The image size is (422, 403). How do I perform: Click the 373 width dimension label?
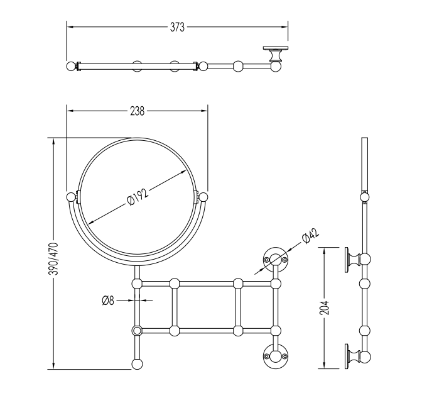pyautogui.click(x=177, y=27)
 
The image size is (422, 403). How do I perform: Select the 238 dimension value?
pyautogui.click(x=138, y=111)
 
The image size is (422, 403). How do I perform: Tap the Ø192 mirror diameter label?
pyautogui.click(x=138, y=197)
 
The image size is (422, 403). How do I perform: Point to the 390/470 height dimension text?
pyautogui.click(x=53, y=258)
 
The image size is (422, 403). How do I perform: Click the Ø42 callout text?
pyautogui.click(x=311, y=236)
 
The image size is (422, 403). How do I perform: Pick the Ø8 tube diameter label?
pyautogui.click(x=108, y=301)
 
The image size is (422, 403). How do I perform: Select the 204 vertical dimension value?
pyautogui.click(x=325, y=307)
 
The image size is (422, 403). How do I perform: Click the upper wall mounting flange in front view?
pyautogui.click(x=276, y=260)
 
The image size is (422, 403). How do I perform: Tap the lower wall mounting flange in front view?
pyautogui.click(x=276, y=356)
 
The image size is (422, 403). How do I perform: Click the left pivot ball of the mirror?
pyautogui.click(x=70, y=197)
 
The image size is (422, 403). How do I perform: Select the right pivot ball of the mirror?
pyautogui.click(x=203, y=197)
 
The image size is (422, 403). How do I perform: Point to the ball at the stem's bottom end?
pyautogui.click(x=138, y=364)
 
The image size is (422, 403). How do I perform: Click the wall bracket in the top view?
pyautogui.click(x=275, y=54)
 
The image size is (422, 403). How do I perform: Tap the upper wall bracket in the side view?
pyautogui.click(x=353, y=260)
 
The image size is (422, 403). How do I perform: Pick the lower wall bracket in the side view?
pyautogui.click(x=353, y=356)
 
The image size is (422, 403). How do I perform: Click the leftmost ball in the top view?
pyautogui.click(x=71, y=66)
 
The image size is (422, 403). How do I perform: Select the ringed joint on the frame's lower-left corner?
pyautogui.click(x=137, y=331)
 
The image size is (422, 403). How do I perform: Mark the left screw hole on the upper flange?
pyautogui.click(x=266, y=260)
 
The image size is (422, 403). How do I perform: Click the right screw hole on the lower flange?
pyautogui.click(x=284, y=356)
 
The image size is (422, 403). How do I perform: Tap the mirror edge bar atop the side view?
pyautogui.click(x=364, y=164)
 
